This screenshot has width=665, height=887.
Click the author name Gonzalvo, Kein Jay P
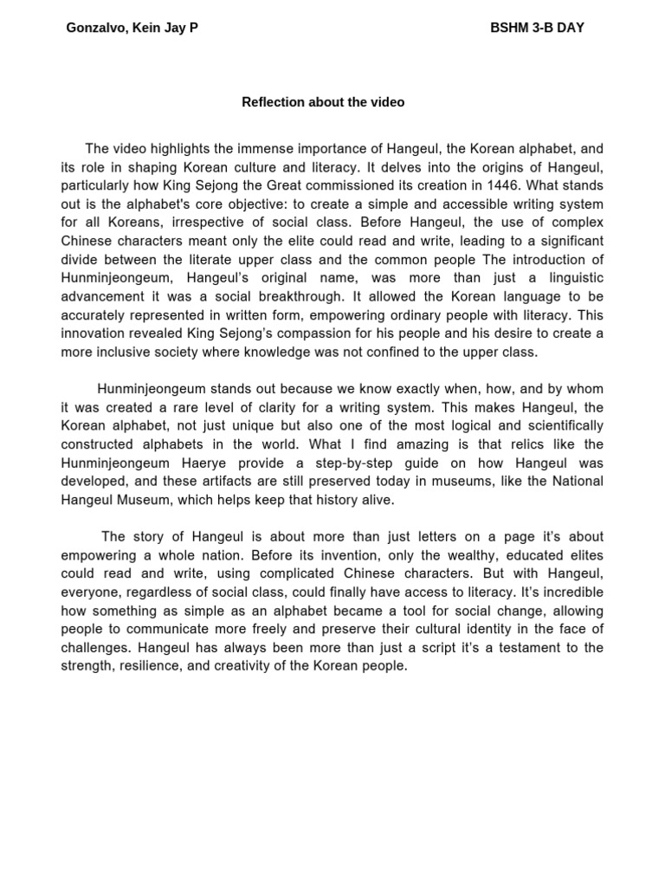[x=132, y=28]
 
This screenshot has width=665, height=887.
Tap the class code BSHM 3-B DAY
[x=537, y=28]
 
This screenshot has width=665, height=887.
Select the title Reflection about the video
[x=323, y=102]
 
